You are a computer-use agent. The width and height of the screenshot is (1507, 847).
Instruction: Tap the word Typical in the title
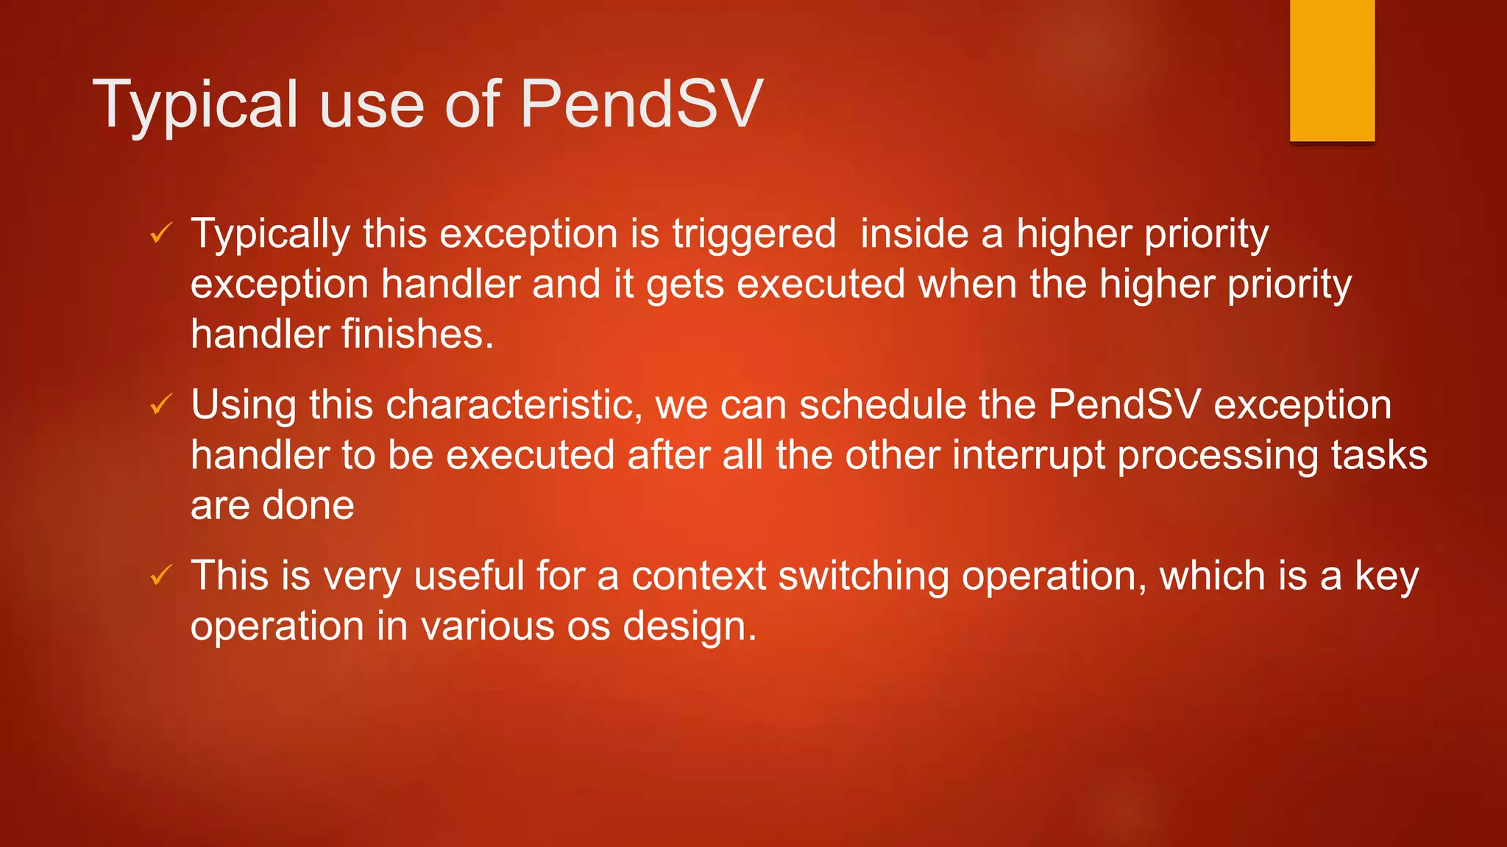point(195,104)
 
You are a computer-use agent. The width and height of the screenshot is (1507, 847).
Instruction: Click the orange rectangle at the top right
point(1332,70)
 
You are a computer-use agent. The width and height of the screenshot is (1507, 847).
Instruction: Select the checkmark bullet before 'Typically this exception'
point(161,234)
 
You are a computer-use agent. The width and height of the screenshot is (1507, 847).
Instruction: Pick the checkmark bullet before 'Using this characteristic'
point(161,404)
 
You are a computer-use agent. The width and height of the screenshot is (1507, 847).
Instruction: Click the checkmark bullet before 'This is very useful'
point(161,575)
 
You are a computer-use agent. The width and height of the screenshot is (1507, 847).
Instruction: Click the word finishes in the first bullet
point(417,335)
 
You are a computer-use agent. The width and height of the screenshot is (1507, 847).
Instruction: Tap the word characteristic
point(514,405)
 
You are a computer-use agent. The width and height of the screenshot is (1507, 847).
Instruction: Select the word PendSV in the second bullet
point(1124,405)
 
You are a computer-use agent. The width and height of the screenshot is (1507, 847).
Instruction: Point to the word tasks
point(1379,455)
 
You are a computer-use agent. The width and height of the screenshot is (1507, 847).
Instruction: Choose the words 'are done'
point(272,506)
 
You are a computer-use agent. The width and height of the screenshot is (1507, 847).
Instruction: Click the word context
point(698,576)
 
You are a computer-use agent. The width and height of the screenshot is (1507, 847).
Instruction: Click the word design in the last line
point(689,626)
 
